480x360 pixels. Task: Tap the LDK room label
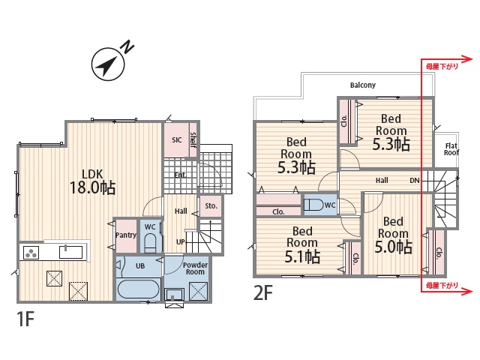click(92, 174)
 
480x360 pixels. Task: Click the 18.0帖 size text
click(92, 187)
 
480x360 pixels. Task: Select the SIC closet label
click(177, 140)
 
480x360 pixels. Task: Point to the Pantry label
click(126, 235)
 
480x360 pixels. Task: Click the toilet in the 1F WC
click(150, 243)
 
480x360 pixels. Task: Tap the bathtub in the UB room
click(138, 289)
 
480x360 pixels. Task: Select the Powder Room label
click(195, 268)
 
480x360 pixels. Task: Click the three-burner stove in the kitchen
click(31, 253)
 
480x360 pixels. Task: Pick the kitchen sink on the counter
click(70, 252)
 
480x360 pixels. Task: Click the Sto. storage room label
click(211, 206)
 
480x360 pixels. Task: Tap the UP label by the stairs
click(181, 241)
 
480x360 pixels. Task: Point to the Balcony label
click(363, 85)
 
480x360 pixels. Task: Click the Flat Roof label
click(451, 149)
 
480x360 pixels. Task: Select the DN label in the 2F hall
click(415, 181)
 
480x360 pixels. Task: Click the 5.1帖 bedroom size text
click(302, 256)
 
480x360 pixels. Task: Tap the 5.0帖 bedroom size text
click(393, 247)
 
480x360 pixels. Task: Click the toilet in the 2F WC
click(314, 205)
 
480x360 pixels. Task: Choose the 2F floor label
click(263, 293)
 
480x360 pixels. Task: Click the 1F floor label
click(25, 319)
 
